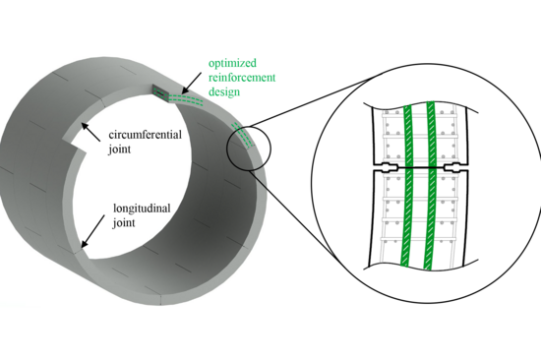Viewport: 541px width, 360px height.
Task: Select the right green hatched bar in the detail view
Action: pyautogui.click(x=430, y=187)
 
